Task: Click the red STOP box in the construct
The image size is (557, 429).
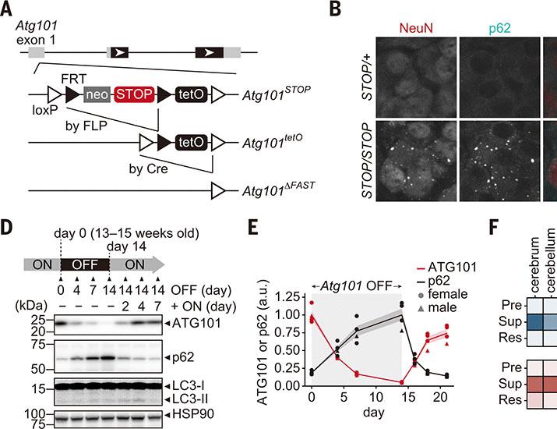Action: pos(134,94)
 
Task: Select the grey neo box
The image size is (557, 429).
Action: pos(97,94)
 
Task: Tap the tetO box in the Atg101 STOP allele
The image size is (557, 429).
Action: pos(191,94)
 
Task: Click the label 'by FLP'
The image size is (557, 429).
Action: pos(86,126)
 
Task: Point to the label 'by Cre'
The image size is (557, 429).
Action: pos(149,168)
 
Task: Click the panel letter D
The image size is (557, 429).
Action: pos(6,228)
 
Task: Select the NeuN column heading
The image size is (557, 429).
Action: pos(416,28)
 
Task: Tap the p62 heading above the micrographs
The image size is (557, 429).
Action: pos(499,28)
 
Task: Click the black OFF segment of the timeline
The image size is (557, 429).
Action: pos(85,264)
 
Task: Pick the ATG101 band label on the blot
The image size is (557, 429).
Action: pos(196,324)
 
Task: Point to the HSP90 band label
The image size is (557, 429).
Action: pos(193,414)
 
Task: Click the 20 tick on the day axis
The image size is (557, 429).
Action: pos(440,397)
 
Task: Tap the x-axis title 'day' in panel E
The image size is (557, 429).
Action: pos(374,413)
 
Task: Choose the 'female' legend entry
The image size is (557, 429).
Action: pos(448,294)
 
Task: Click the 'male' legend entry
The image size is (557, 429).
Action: pos(442,307)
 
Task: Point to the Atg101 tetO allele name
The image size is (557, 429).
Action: pos(273,142)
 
